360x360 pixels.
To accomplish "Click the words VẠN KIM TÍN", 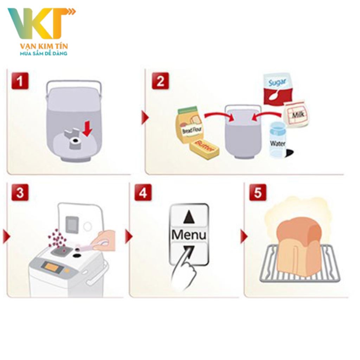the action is point(44,46).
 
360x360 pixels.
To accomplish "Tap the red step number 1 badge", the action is point(20,81).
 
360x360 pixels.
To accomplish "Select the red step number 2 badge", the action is point(160,81).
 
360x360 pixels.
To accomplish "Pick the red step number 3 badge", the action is point(20,192).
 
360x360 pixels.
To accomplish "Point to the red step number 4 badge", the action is point(143,192).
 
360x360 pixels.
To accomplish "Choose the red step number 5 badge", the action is point(258,192).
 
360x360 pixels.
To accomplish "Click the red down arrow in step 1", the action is point(88,129).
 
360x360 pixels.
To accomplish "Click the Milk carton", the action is point(296,114).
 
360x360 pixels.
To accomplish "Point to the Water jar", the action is point(278,140).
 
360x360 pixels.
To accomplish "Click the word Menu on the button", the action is point(189,234).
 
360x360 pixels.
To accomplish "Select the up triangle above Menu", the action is point(189,217).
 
